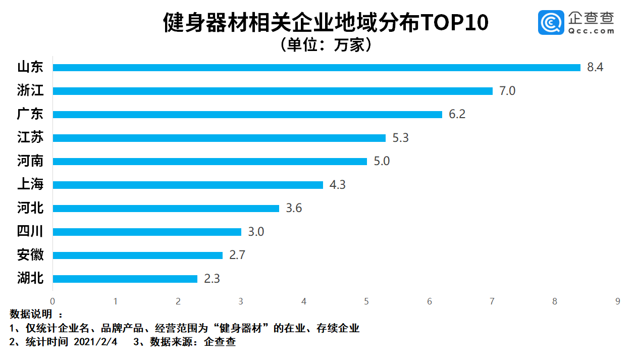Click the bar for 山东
[x=316, y=68]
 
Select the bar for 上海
[x=188, y=185]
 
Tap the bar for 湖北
[x=125, y=279]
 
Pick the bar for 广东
[x=247, y=115]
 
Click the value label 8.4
[x=595, y=68]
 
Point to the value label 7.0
[x=507, y=91]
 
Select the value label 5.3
[x=400, y=138]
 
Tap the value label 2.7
[x=237, y=255]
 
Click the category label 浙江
[x=30, y=91]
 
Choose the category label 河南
[x=30, y=162]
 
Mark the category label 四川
[x=30, y=232]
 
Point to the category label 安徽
[x=30, y=255]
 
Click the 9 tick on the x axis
[x=617, y=301]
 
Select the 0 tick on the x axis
[x=52, y=301]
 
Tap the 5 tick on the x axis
[x=366, y=301]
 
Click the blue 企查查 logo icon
[x=551, y=22]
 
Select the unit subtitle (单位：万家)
[x=326, y=45]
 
